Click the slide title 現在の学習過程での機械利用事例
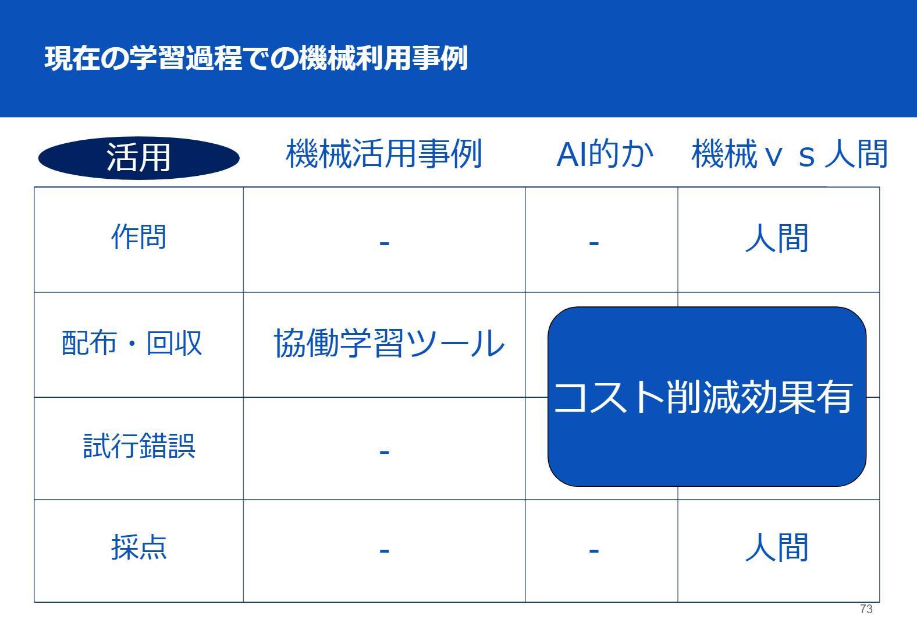(x=256, y=59)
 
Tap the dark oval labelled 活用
(x=139, y=158)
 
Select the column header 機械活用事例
(x=384, y=154)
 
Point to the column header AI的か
(x=605, y=154)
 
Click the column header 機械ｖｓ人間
(x=790, y=154)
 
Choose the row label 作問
(x=139, y=237)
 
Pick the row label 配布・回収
(x=132, y=342)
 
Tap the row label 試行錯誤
(x=139, y=445)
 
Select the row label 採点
(x=139, y=547)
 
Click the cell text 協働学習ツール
(x=389, y=344)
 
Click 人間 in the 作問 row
(x=777, y=238)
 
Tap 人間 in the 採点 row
(x=777, y=547)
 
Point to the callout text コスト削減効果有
(x=703, y=397)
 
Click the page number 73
(x=866, y=609)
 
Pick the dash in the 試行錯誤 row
(x=385, y=452)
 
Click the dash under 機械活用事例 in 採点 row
(x=385, y=551)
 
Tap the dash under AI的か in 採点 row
(x=594, y=551)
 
